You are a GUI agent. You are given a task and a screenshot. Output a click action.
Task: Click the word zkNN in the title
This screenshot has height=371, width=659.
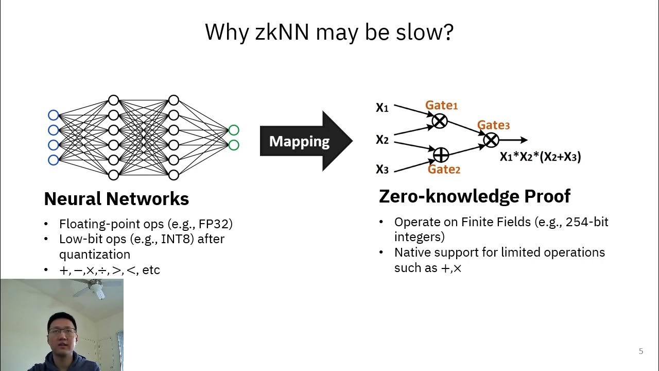[x=282, y=32]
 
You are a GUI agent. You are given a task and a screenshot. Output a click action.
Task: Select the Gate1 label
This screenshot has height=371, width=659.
[x=441, y=105]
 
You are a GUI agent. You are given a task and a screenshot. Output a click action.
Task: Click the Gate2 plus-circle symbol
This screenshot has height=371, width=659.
[x=441, y=154]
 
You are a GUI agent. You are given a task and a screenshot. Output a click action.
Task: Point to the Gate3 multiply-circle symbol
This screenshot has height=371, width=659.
[x=491, y=140]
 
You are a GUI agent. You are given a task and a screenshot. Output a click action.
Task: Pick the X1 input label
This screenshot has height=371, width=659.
[x=382, y=108]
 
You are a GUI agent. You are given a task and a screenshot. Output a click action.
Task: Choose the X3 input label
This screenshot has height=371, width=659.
[x=382, y=169]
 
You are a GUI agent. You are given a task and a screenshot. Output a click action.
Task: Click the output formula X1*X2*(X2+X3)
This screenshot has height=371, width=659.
[x=540, y=157]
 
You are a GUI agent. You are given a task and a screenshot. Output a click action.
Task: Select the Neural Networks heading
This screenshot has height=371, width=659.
[x=116, y=198]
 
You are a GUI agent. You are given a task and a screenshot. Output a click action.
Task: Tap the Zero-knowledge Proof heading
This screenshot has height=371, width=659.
[x=474, y=196]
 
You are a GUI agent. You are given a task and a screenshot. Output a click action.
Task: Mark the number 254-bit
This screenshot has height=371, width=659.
[x=587, y=222]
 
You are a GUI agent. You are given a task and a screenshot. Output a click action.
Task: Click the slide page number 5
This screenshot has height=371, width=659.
[x=641, y=351]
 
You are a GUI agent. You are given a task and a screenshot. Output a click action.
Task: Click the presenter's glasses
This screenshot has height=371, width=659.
[x=62, y=331]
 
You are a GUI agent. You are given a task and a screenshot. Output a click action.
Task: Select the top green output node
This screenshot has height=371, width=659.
[x=233, y=130]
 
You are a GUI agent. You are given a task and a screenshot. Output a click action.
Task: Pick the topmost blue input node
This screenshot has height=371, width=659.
[x=53, y=115]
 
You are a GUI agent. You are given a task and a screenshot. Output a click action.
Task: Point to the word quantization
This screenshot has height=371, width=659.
[x=95, y=254]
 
